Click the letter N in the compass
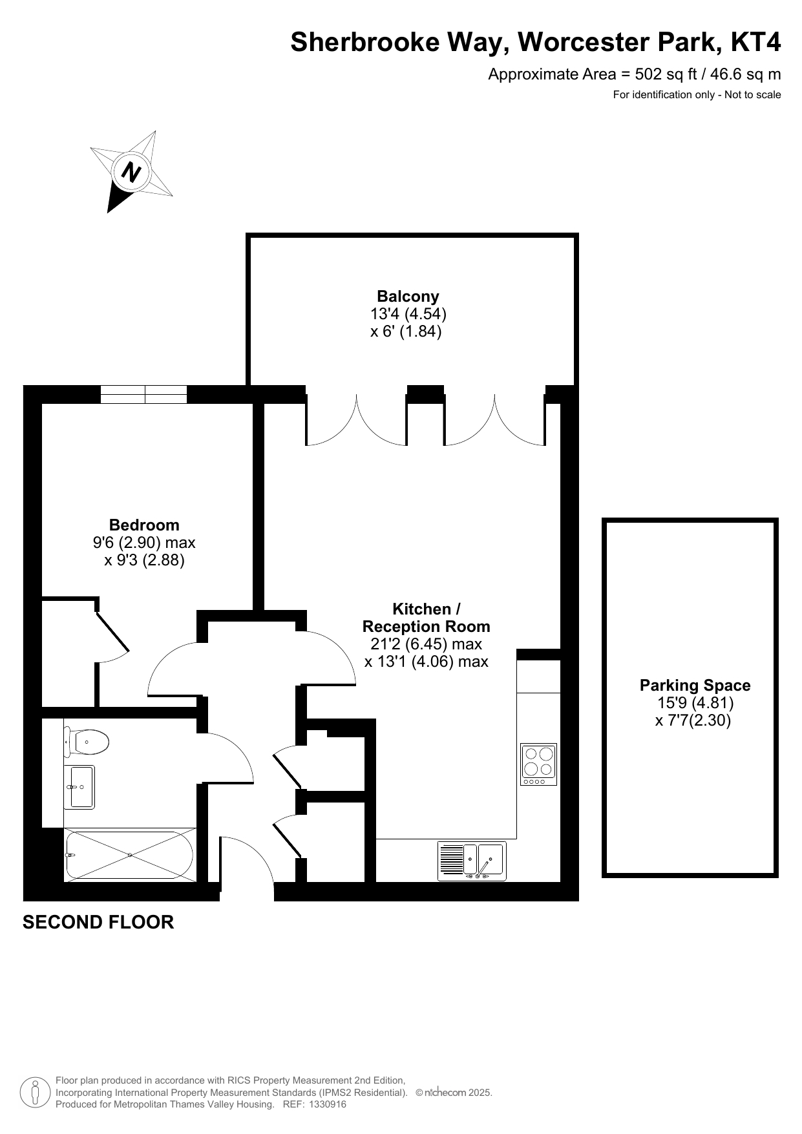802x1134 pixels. click(x=131, y=173)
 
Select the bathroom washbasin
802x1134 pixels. click(x=79, y=787)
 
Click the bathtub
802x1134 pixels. click(x=129, y=855)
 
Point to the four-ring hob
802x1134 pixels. click(x=538, y=764)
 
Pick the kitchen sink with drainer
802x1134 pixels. click(x=472, y=861)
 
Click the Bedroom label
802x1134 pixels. click(x=144, y=525)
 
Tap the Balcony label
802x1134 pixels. click(x=408, y=297)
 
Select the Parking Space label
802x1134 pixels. click(x=695, y=686)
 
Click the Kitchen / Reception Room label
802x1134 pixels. click(x=426, y=618)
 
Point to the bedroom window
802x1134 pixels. click(x=144, y=394)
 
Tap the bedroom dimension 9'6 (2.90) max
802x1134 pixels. click(x=144, y=542)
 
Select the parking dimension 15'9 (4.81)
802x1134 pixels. click(x=695, y=703)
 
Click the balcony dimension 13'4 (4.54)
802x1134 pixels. click(x=408, y=314)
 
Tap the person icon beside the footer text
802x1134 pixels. click(x=35, y=1092)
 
